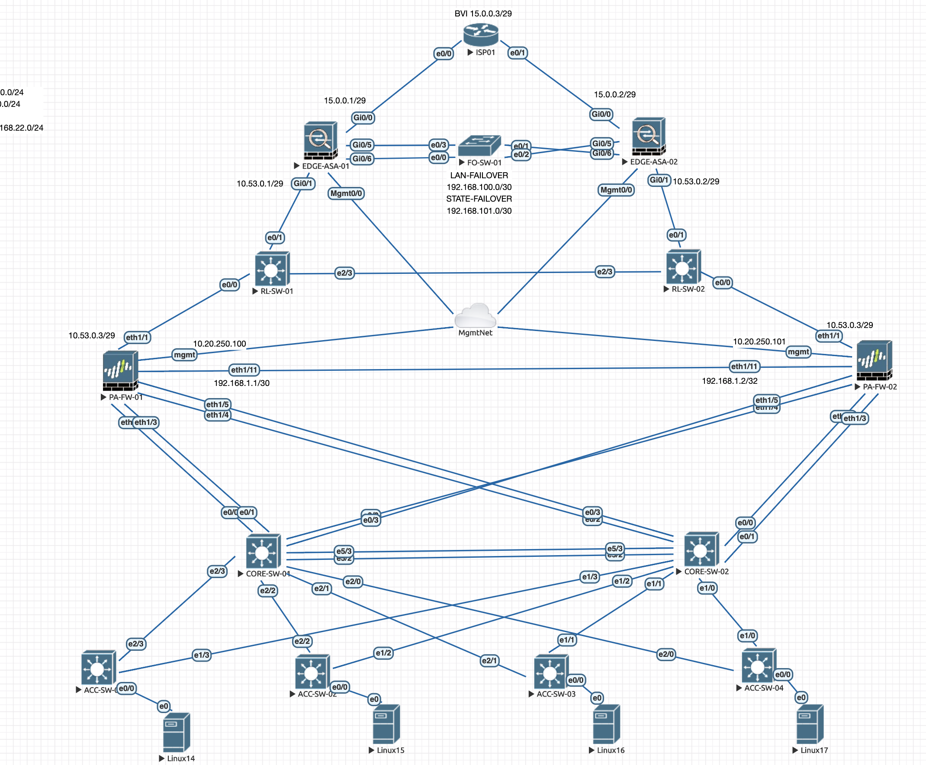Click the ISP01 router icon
coord(480,34)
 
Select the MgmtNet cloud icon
coord(475,315)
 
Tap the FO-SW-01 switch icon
coord(479,145)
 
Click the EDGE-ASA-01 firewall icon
coord(320,141)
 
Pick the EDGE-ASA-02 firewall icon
coord(648,136)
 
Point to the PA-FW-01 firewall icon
coord(120,370)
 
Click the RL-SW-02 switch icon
coord(683,267)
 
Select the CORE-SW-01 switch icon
coord(263,551)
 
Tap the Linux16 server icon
coord(606,723)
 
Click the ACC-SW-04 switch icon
coord(758,665)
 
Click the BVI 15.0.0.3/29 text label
coord(483,14)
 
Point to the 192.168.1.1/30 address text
coord(241,383)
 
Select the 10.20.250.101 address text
coord(759,341)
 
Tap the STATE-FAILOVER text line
coord(479,199)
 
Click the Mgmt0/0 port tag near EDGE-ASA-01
coord(346,193)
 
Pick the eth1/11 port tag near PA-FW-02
coord(744,366)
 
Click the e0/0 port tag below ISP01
coord(444,54)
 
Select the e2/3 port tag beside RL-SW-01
coord(344,273)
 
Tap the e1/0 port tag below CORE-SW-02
coord(707,588)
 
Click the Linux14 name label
coord(181,759)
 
